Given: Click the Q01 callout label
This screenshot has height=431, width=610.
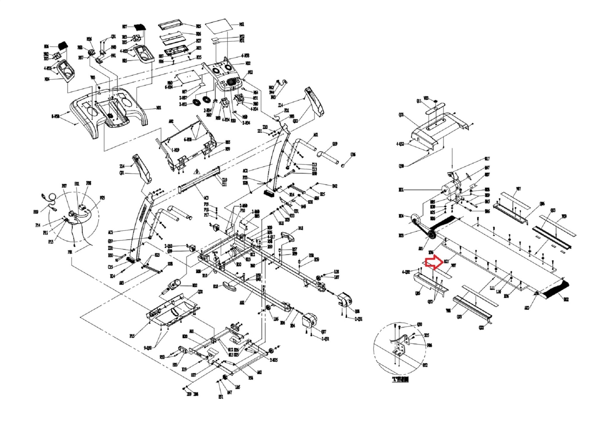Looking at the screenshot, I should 401,115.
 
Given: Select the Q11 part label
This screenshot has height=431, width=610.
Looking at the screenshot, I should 419,101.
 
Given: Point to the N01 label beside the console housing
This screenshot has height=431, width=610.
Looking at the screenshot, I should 158,108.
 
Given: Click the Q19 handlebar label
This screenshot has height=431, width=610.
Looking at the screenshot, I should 335,144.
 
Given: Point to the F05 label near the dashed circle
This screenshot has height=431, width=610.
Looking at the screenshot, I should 102,198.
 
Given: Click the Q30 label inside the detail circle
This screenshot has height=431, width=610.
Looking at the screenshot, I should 419,324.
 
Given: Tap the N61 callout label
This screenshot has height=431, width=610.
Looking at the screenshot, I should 242,24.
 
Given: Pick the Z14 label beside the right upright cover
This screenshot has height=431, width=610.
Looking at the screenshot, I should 281,105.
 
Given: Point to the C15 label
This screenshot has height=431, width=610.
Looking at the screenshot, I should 111,267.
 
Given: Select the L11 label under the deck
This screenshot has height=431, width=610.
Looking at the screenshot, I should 492,288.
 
